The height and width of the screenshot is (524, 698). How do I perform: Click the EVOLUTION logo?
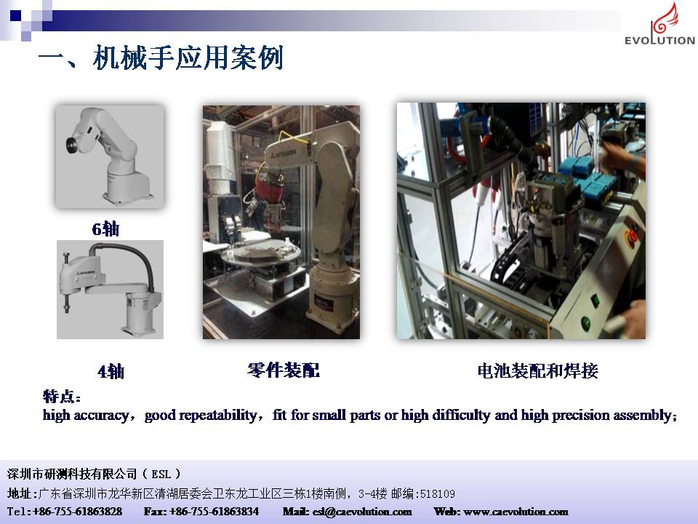pos(659,24)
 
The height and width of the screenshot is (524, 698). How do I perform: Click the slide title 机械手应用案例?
pos(188,58)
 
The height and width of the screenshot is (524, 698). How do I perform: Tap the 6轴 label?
pos(105,229)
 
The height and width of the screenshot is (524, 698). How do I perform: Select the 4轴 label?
pos(111,371)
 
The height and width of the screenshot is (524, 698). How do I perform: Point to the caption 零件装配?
pos(284,370)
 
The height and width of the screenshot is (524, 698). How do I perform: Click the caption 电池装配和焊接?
pos(537,370)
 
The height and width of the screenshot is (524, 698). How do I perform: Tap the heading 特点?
pos(61,396)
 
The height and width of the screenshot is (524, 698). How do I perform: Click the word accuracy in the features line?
pos(102,416)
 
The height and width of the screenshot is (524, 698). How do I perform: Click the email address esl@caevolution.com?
pos(362,512)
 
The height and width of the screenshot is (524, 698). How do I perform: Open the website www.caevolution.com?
pos(516,512)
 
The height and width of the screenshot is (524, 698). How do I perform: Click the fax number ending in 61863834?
pos(214,512)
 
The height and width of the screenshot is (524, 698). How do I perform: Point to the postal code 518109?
pos(438,493)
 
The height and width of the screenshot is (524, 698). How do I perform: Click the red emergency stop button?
pos(631,234)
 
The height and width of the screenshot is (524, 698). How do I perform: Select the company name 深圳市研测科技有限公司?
pos(72,474)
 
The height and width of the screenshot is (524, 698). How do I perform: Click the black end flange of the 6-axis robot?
pos(71,144)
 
